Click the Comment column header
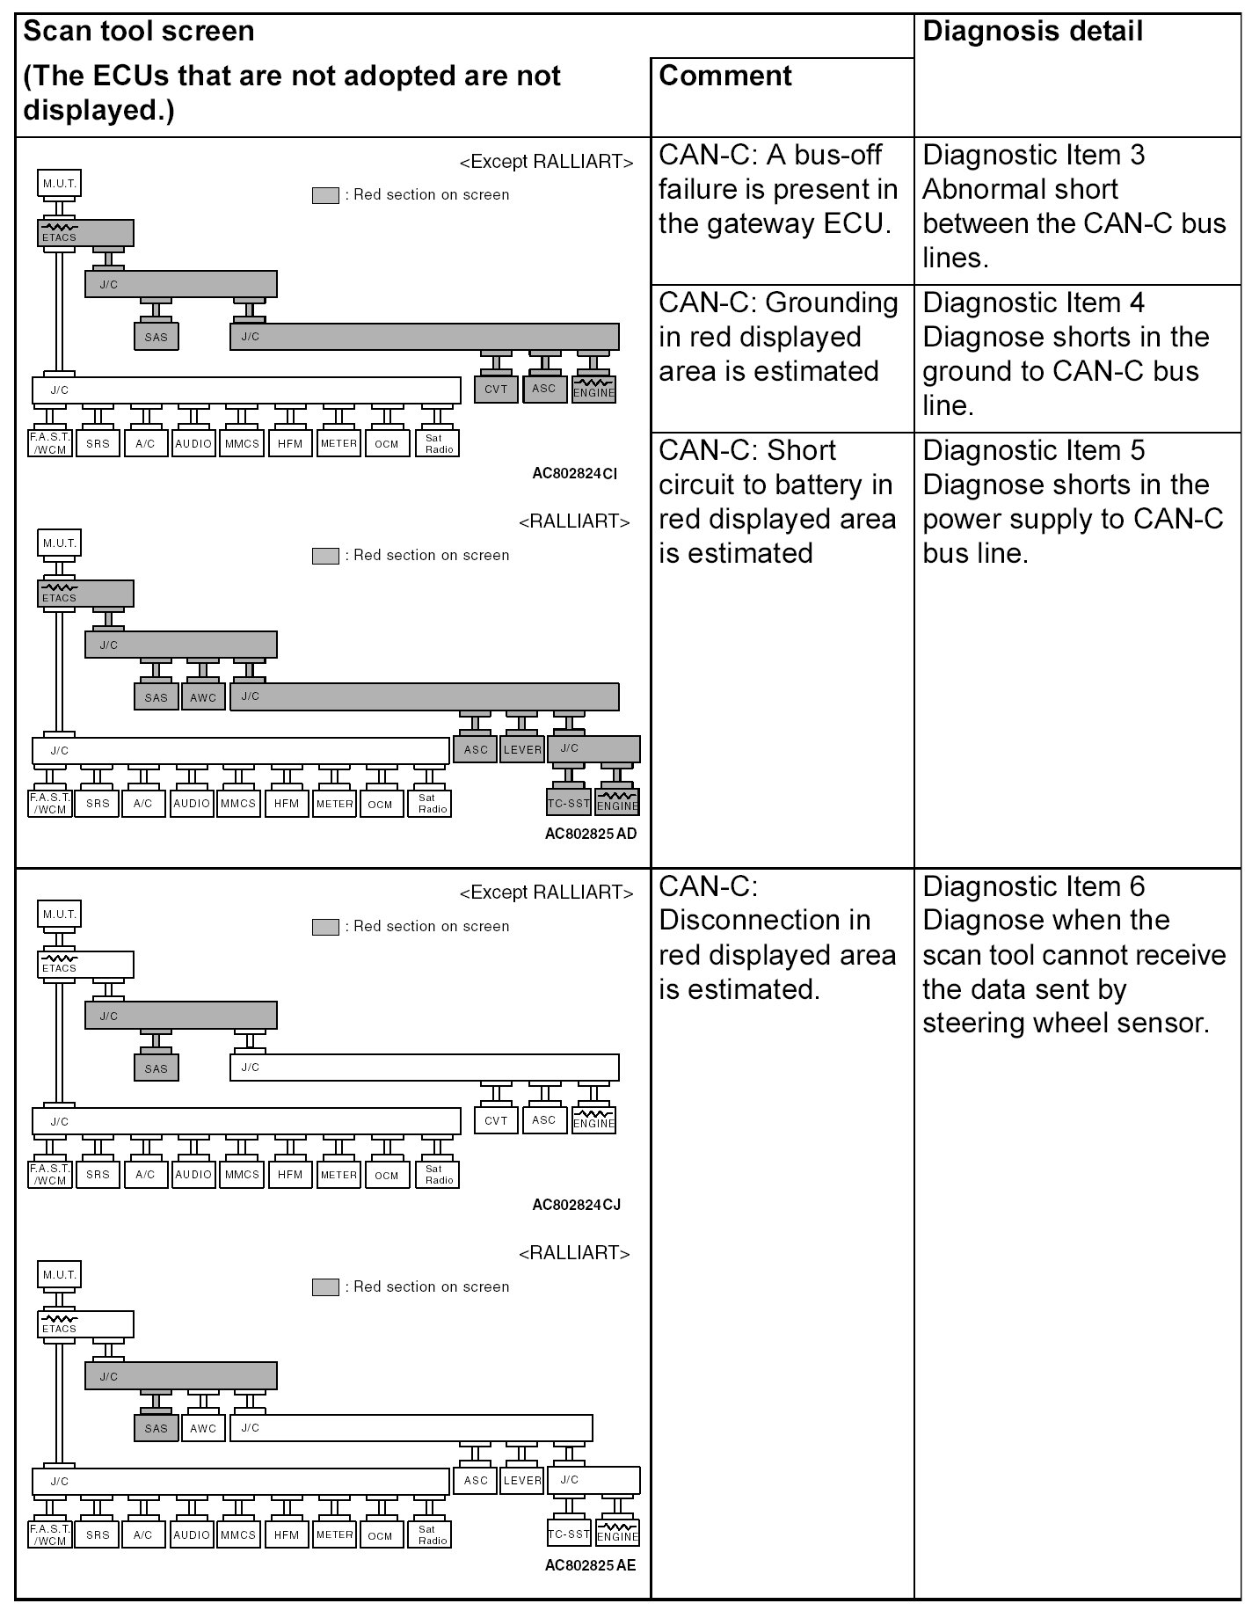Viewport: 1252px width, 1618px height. [x=724, y=77]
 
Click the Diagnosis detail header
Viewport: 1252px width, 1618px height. [x=1032, y=32]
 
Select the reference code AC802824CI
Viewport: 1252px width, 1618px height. [x=574, y=473]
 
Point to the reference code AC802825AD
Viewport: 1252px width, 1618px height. [x=590, y=833]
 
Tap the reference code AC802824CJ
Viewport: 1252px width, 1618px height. [x=576, y=1204]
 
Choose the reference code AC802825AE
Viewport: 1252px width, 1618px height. [x=590, y=1564]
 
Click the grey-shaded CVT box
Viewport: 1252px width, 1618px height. [x=496, y=390]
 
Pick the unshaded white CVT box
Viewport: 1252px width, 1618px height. [x=496, y=1120]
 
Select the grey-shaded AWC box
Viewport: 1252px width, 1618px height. [x=203, y=697]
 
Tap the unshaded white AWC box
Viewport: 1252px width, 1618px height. [x=203, y=1428]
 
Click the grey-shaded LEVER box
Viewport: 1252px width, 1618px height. [x=522, y=749]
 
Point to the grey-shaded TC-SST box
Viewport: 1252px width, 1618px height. [x=569, y=803]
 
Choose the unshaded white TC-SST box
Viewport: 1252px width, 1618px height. [x=569, y=1534]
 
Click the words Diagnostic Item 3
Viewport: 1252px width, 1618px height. [x=1033, y=155]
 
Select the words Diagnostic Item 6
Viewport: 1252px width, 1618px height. [x=1033, y=886]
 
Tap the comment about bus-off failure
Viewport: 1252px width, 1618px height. [x=777, y=189]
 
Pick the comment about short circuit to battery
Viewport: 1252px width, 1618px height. [x=777, y=501]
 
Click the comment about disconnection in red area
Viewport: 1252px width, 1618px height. [x=777, y=937]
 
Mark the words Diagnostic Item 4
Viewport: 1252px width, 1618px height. [x=1033, y=302]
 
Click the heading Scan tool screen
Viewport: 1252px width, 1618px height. [x=138, y=32]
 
